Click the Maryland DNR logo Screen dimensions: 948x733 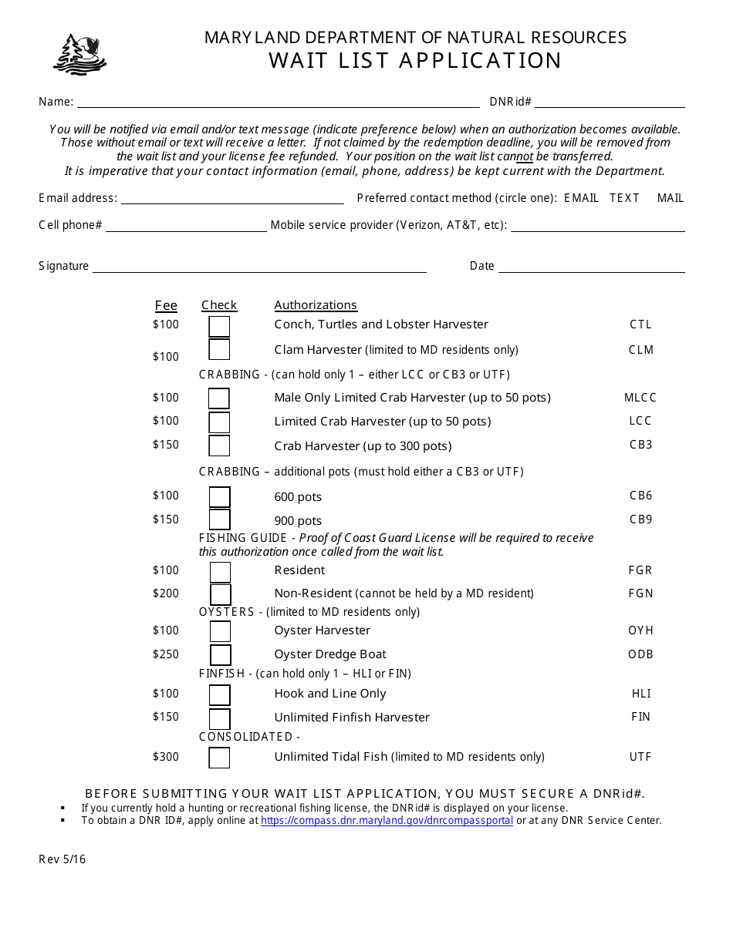coord(79,55)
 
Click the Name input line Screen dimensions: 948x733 coord(278,103)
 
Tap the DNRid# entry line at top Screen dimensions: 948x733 coord(610,103)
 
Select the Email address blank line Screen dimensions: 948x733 coord(232,199)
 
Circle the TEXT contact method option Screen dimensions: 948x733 coord(624,198)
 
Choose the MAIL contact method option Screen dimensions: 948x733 coord(671,198)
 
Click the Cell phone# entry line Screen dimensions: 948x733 coord(186,227)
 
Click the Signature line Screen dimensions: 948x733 coord(259,267)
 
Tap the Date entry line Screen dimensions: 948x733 coord(591,267)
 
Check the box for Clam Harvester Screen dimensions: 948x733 coord(219,350)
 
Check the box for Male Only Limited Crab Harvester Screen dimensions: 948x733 coord(219,398)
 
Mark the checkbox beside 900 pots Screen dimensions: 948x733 coord(219,519)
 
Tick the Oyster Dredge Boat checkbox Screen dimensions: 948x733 coord(220,655)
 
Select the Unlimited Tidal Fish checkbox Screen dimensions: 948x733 coord(219,758)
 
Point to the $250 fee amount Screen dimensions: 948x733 coord(166,654)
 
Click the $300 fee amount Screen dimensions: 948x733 coord(166,757)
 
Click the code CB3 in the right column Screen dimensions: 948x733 coord(640,445)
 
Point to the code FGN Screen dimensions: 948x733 coord(640,593)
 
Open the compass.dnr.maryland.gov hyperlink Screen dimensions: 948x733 coord(387,821)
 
